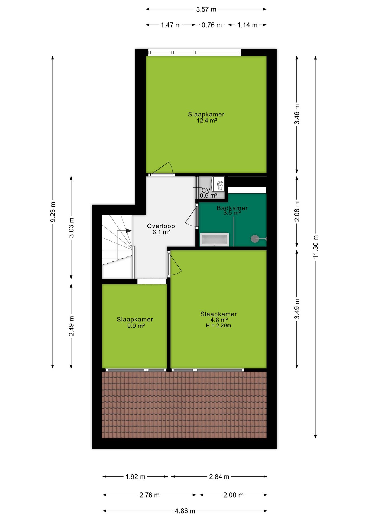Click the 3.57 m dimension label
point(206,9)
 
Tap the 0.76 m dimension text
point(212,25)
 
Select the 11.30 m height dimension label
point(315,247)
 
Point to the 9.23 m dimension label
point(53,212)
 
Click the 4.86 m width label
point(185,511)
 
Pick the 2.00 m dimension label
point(233,495)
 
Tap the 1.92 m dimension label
point(135,477)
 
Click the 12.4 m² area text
point(207,121)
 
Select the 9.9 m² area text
point(136,326)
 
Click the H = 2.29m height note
point(218,326)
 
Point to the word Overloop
point(161,226)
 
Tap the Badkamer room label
point(232,208)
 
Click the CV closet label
point(206,190)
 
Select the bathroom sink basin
point(214,239)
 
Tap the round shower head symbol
point(255,239)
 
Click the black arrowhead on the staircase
point(129,231)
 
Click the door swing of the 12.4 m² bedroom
point(162,168)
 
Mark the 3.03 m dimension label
point(71,227)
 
